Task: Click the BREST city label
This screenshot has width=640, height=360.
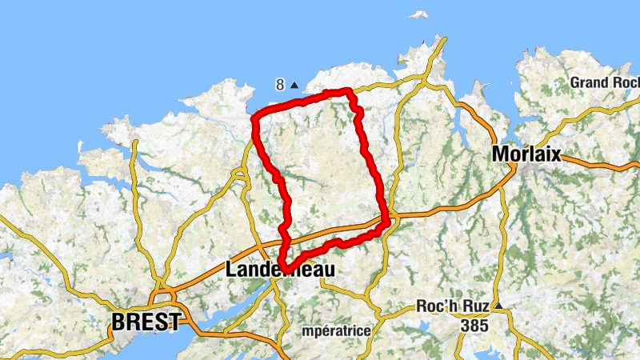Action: (x=146, y=322)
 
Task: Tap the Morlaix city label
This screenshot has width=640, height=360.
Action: (x=526, y=154)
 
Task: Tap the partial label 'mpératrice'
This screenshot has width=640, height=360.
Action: (x=337, y=330)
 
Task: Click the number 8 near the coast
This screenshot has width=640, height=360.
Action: (x=279, y=84)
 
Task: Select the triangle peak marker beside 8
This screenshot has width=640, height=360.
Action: (x=294, y=85)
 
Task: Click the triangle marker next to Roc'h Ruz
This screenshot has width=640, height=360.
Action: (x=498, y=306)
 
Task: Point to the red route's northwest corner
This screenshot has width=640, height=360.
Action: (x=254, y=119)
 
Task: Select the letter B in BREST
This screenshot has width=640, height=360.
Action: (x=119, y=322)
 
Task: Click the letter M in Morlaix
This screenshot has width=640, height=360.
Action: (x=502, y=154)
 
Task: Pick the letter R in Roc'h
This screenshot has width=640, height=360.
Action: (x=424, y=306)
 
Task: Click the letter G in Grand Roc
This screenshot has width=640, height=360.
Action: (x=576, y=82)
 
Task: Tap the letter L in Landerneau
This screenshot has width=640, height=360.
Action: (x=232, y=270)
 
